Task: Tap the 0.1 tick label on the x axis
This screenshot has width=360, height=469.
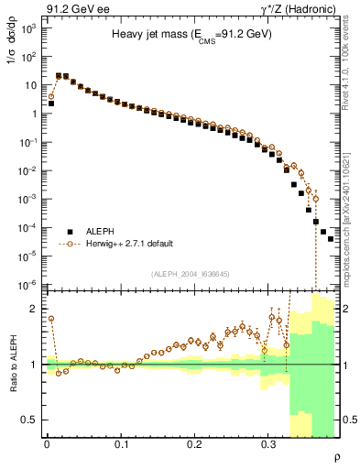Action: pyautogui.click(x=121, y=444)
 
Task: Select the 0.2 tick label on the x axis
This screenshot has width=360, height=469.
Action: pyautogui.click(x=194, y=444)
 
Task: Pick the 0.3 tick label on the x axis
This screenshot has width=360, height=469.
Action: pyautogui.click(x=268, y=444)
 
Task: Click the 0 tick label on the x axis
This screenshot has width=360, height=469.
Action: pyautogui.click(x=47, y=444)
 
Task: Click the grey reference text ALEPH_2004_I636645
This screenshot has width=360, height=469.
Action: pyautogui.click(x=191, y=274)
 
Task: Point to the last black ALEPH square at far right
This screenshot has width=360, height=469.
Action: pyautogui.click(x=331, y=239)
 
